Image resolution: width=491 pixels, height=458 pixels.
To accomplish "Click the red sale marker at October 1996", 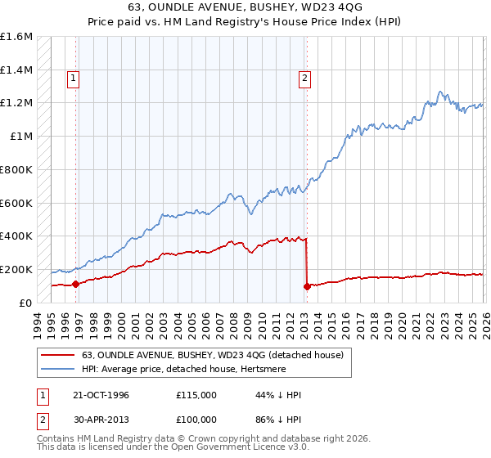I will (76, 284).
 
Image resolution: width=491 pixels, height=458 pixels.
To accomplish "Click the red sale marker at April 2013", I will (307, 286).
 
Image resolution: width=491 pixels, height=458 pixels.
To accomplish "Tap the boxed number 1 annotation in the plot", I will (73, 79).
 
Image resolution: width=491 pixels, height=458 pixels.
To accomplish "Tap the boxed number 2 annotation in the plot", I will (304, 79).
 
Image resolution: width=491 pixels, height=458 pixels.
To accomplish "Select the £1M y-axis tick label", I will (21, 137).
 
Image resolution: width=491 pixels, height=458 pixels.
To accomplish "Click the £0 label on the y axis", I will (25, 303).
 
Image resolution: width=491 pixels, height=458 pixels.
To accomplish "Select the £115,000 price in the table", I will (196, 395).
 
